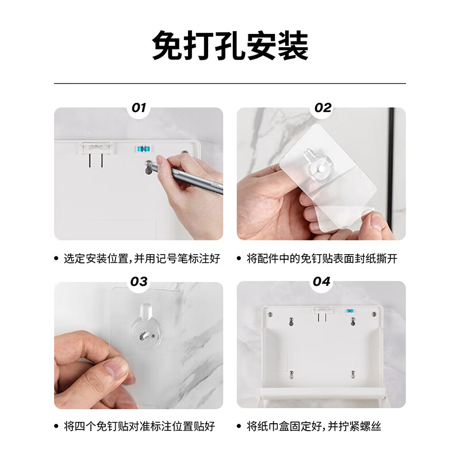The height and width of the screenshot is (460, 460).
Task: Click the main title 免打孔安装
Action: tap(230, 45)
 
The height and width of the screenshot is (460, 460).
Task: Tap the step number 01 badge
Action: tap(139, 108)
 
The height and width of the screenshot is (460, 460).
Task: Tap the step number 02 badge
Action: tap(322, 108)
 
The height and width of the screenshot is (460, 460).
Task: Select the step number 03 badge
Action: tap(139, 281)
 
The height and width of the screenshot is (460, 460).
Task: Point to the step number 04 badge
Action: tap(322, 281)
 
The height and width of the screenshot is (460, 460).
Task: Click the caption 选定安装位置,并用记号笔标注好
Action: tap(141, 259)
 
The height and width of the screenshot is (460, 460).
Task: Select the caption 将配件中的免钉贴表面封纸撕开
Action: tap(322, 259)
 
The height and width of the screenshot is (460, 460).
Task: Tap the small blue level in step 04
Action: tap(349, 311)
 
